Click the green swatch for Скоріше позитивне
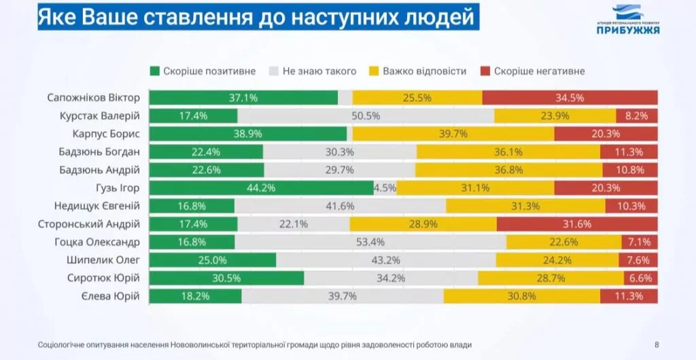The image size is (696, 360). [x=154, y=71]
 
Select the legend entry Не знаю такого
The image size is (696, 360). [x=310, y=71]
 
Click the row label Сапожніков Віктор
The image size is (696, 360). [x=94, y=98]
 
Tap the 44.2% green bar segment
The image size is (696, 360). [x=261, y=188]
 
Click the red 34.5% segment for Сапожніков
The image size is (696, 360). [x=570, y=98]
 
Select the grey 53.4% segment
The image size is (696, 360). [x=370, y=242]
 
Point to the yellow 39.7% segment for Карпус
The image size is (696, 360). [x=453, y=134]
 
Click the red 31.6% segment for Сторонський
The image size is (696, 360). [x=577, y=223]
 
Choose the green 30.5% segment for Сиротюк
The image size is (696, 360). [x=226, y=278]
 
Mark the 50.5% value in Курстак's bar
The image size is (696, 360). [x=366, y=116]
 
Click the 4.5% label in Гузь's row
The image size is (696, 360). [x=385, y=188]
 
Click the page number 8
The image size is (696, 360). [x=656, y=345]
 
